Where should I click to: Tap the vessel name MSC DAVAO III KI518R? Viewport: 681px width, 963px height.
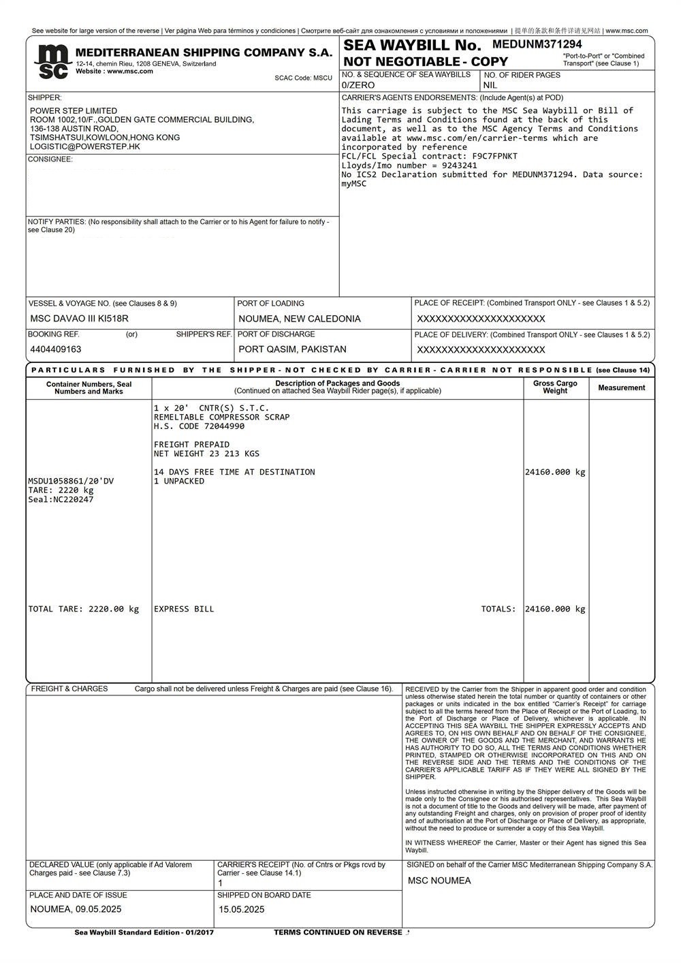point(79,319)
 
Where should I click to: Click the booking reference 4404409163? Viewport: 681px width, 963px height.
point(56,349)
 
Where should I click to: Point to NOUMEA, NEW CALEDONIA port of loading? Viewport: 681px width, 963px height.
point(300,319)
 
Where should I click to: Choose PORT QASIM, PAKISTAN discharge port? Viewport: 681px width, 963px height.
point(292,349)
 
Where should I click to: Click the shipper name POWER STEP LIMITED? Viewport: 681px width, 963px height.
point(74,111)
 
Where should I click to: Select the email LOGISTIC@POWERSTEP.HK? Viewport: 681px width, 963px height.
point(85,146)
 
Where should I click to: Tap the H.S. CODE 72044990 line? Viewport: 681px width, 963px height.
point(199,426)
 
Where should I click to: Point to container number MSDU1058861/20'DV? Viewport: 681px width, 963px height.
point(71,481)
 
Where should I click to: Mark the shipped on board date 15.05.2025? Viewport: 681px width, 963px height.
point(242,909)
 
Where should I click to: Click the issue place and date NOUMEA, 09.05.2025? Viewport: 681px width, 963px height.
point(76,909)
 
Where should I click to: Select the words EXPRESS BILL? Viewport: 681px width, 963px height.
point(184,609)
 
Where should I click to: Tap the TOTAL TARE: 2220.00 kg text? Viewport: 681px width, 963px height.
point(83,609)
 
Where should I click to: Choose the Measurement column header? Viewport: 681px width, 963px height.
point(621,388)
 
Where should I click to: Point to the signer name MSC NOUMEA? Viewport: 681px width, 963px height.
point(439,881)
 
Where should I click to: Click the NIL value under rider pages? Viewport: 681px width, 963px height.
point(490,86)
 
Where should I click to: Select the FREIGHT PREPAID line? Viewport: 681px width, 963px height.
point(191,445)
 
